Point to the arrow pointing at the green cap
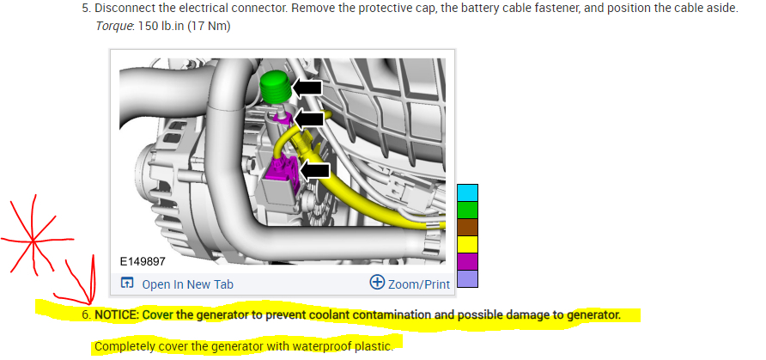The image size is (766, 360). tap(308, 88)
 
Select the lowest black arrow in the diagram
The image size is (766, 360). tap(316, 170)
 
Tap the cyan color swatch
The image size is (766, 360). tap(467, 192)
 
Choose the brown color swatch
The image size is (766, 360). tap(467, 227)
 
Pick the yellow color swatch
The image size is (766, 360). tap(467, 244)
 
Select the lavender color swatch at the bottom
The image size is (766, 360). tap(467, 278)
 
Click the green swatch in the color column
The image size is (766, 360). tap(467, 210)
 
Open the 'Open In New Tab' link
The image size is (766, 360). tap(187, 284)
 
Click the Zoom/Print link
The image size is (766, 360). tap(419, 284)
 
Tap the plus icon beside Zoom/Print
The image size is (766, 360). tap(376, 282)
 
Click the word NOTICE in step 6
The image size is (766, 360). tap(117, 314)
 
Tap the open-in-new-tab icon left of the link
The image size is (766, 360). tap(127, 284)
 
